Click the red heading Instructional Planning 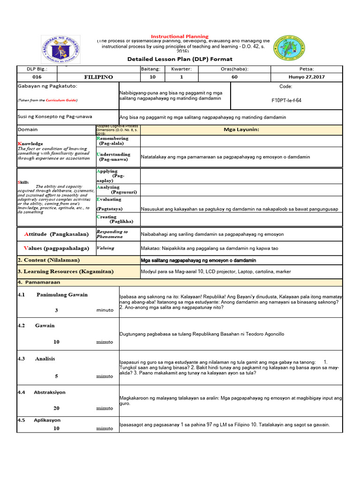(x=180, y=37)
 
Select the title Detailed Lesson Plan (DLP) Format (x=180, y=59)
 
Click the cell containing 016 (x=37, y=77)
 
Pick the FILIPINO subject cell (x=98, y=77)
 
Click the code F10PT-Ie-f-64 (x=286, y=100)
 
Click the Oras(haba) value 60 (x=234, y=77)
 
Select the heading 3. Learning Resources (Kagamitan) (x=65, y=271)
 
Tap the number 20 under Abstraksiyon (x=56, y=408)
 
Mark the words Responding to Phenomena (x=112, y=234)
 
